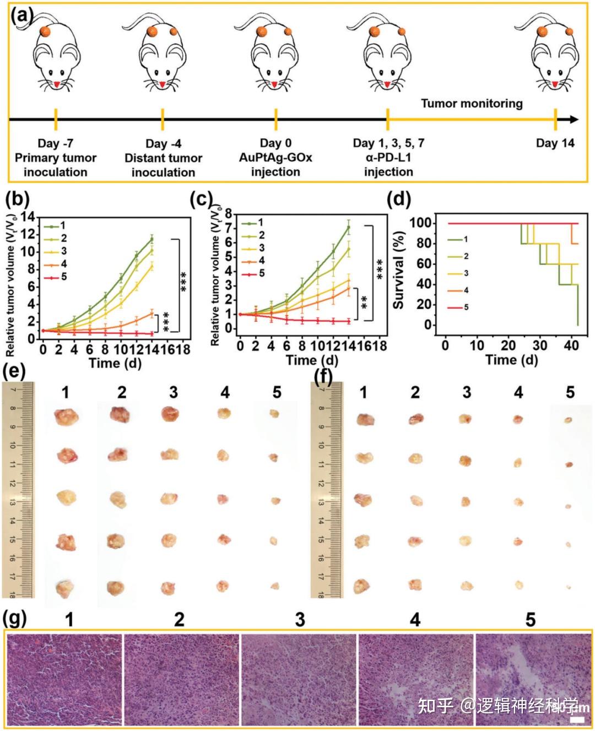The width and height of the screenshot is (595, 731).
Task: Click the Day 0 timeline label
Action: [275, 143]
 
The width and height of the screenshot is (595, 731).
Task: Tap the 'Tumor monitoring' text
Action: [472, 103]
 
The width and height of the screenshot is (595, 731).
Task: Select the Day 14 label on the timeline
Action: [555, 143]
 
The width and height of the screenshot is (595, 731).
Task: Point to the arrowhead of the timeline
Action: [574, 120]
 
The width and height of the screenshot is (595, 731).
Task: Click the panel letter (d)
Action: [399, 199]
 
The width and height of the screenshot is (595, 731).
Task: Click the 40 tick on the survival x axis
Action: [571, 345]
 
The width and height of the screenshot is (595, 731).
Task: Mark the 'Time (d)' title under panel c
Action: [312, 360]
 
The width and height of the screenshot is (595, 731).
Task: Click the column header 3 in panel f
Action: [467, 392]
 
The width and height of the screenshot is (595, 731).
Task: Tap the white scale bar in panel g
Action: [577, 719]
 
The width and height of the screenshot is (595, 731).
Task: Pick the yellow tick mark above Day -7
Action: [56, 119]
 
